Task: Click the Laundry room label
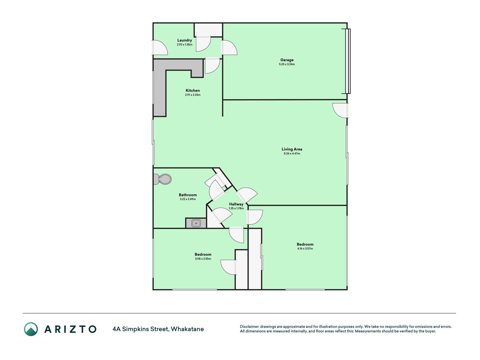184,40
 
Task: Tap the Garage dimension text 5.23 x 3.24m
287,64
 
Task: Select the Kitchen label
193,91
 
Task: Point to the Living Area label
292,149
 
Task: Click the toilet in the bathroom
163,179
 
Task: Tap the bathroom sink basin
196,223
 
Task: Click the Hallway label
236,204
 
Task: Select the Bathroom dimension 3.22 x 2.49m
188,199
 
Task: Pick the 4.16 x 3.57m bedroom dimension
305,249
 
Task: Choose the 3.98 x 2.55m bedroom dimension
203,259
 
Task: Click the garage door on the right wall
348,61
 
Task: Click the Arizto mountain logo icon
31,329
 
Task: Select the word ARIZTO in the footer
70,329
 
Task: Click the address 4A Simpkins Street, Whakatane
158,329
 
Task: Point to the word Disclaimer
249,327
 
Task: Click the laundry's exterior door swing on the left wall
160,48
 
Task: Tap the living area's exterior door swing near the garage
341,111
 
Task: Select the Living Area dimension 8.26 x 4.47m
292,154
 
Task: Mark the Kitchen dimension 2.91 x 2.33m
193,95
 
